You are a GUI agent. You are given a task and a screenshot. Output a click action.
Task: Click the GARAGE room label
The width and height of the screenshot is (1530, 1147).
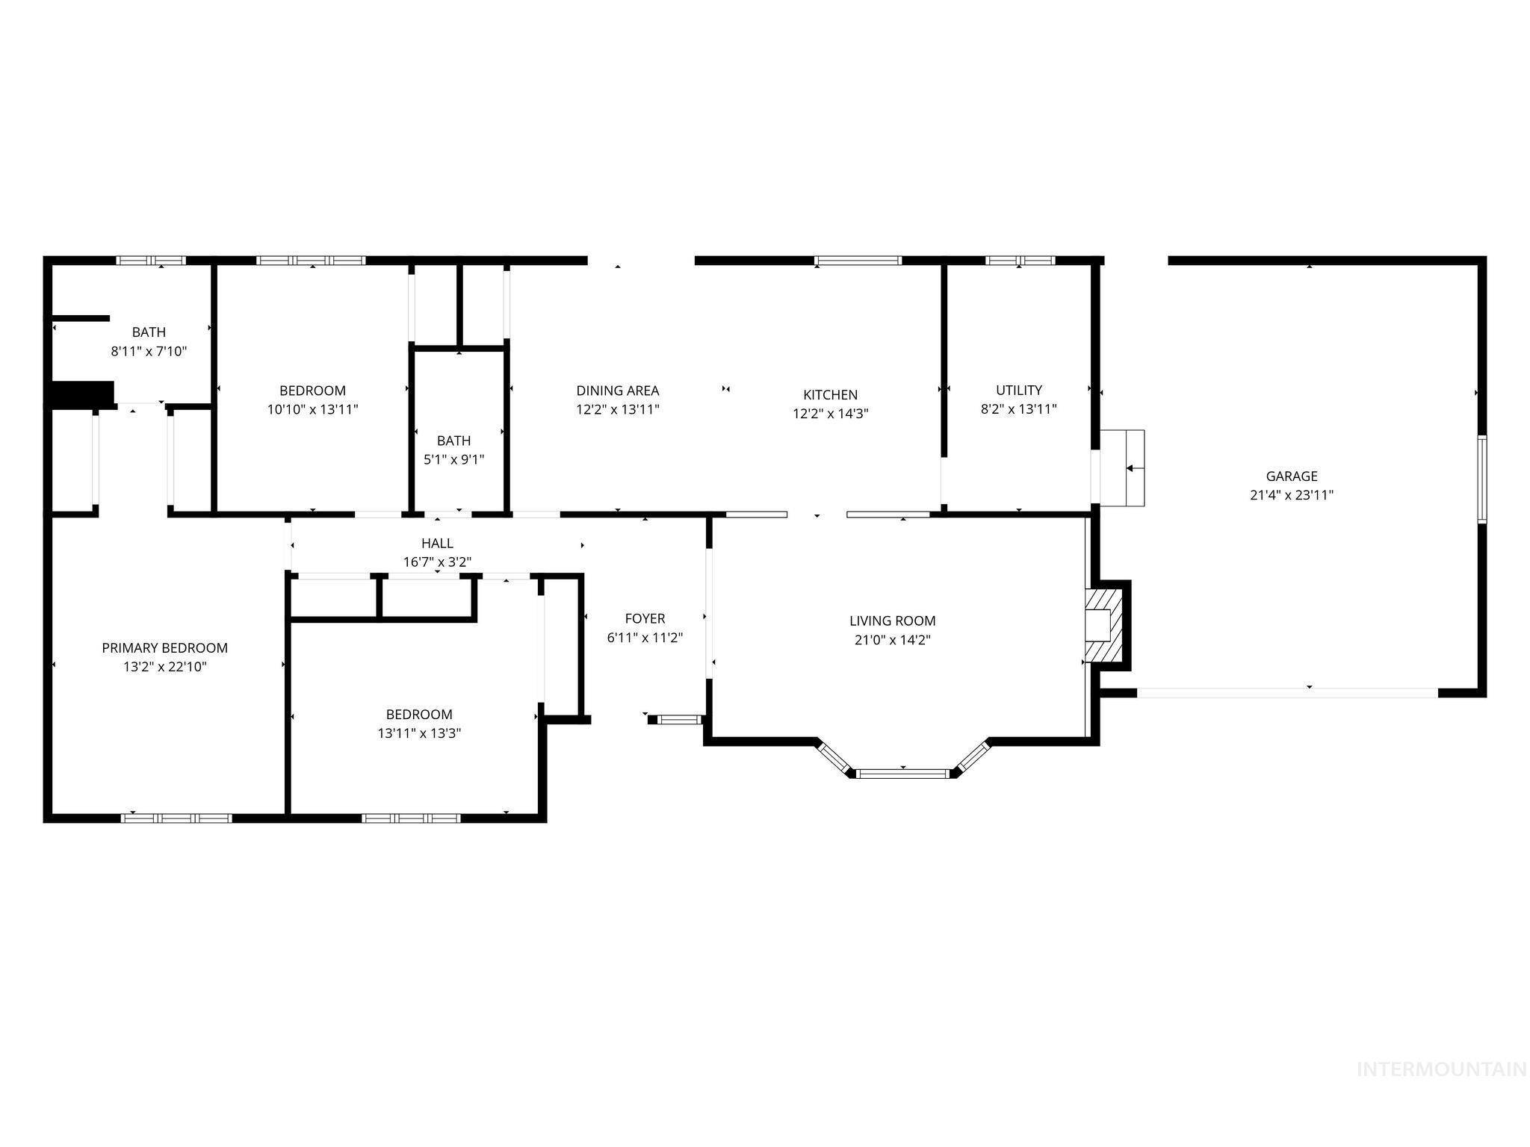pyautogui.click(x=1291, y=476)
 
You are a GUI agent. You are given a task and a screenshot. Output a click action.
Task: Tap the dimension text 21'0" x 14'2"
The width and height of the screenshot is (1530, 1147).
pyautogui.click(x=892, y=640)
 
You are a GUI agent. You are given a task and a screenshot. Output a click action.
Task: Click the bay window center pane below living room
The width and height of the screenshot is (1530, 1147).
pyautogui.click(x=902, y=774)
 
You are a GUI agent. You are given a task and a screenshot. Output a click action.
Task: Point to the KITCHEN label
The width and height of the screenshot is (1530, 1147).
pyautogui.click(x=830, y=395)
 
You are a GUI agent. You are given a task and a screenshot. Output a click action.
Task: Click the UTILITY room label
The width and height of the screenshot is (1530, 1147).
pyautogui.click(x=1018, y=390)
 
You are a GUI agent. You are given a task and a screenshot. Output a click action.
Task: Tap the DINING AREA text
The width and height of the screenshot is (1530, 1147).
pyautogui.click(x=617, y=391)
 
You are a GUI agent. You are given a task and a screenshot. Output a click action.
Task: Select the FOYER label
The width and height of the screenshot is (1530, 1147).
pyautogui.click(x=645, y=618)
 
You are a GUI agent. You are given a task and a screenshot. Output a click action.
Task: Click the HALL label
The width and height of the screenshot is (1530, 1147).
pyautogui.click(x=437, y=543)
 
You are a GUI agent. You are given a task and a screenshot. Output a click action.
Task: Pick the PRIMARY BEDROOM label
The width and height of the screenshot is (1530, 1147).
pyautogui.click(x=164, y=648)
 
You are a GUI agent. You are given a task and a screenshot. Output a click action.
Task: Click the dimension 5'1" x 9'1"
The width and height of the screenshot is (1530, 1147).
pyautogui.click(x=453, y=460)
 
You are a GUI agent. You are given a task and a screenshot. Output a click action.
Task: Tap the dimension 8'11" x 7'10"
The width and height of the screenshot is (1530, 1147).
pyautogui.click(x=149, y=351)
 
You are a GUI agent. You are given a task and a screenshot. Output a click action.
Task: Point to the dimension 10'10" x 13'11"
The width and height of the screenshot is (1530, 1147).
pyautogui.click(x=312, y=409)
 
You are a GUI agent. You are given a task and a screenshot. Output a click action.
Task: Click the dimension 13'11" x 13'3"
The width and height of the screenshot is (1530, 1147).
pyautogui.click(x=418, y=733)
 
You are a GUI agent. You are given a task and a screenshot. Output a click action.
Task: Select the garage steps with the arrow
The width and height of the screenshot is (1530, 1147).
pyautogui.click(x=1123, y=468)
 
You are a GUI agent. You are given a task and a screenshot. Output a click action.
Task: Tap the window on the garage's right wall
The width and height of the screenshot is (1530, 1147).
pyautogui.click(x=1482, y=479)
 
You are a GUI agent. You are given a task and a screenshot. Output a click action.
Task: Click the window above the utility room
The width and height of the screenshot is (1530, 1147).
pyautogui.click(x=1019, y=261)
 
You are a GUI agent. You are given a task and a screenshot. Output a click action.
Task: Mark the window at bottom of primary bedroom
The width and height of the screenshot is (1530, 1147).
pyautogui.click(x=176, y=818)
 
